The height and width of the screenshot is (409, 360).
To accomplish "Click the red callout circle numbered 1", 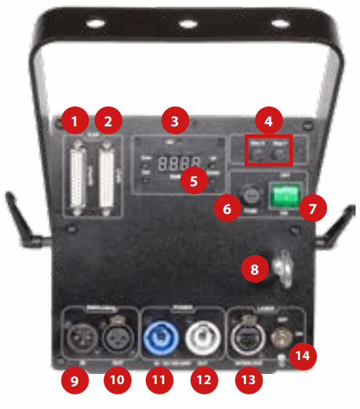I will coord(74,119).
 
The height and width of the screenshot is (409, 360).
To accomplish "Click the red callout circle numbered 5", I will coord(194,180).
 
